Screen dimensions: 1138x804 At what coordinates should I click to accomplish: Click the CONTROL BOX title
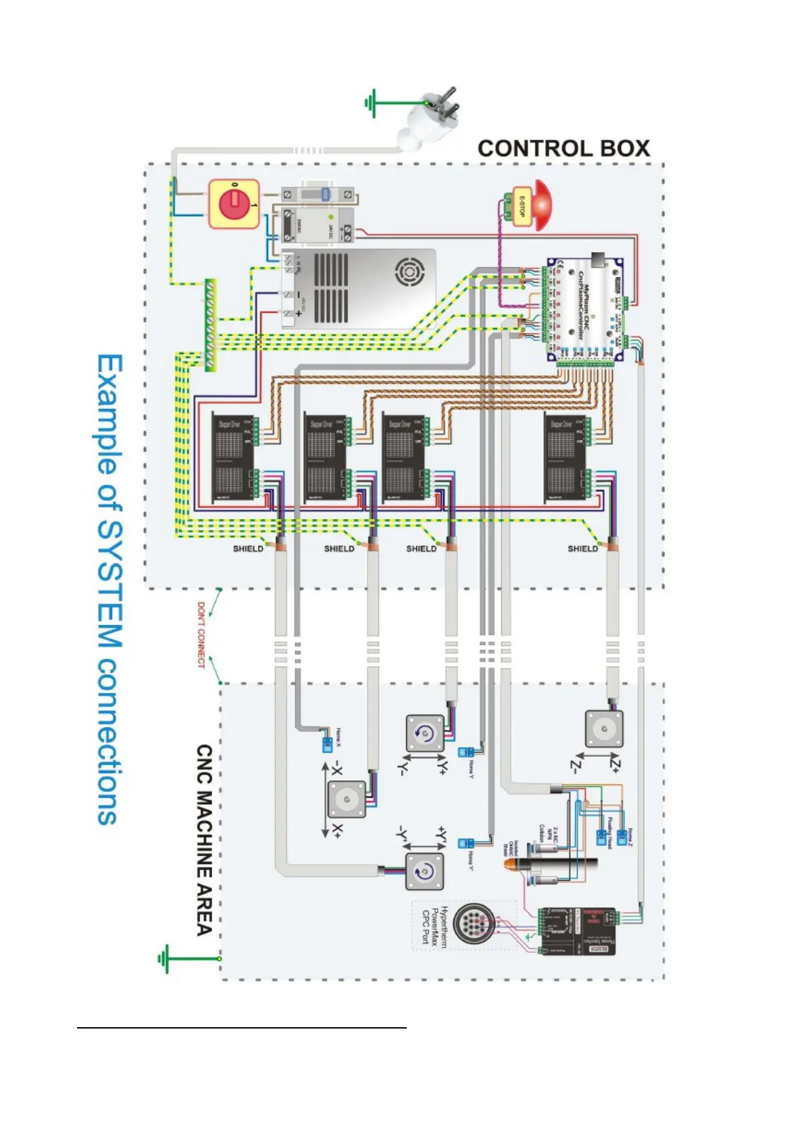tap(563, 149)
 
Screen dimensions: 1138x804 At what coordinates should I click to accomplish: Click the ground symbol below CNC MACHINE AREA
tap(164, 958)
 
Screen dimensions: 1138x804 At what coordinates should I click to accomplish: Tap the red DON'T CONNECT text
tap(201, 635)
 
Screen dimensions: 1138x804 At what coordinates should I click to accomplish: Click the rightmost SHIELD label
tap(582, 549)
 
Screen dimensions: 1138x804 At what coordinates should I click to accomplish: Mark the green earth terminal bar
tap(210, 325)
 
